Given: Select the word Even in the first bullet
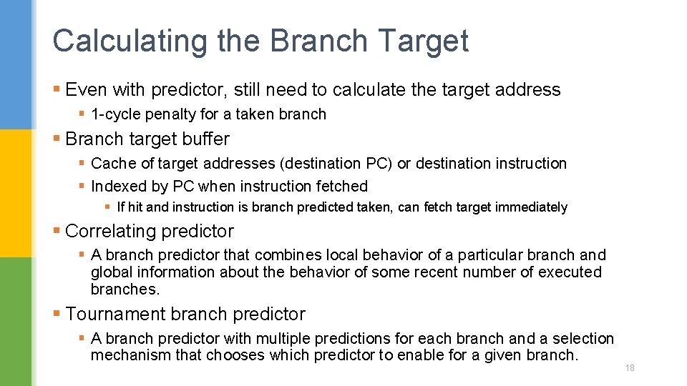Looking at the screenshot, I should tap(86, 90).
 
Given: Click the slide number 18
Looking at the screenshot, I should tap(630, 368).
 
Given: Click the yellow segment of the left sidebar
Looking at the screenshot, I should tap(16, 193).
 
